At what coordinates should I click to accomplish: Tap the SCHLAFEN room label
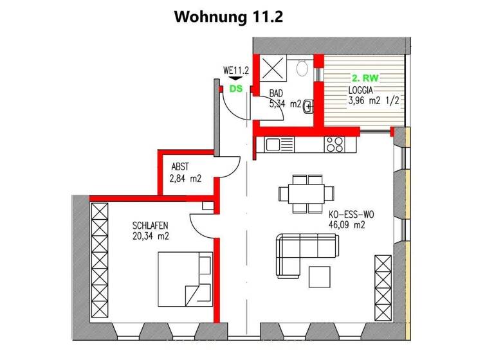[151, 226]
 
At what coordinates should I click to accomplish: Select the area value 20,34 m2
[151, 235]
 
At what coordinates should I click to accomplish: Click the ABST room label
[180, 166]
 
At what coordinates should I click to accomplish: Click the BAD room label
[276, 93]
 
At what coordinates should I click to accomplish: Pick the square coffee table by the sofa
[321, 276]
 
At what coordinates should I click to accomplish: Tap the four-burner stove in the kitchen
[335, 145]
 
